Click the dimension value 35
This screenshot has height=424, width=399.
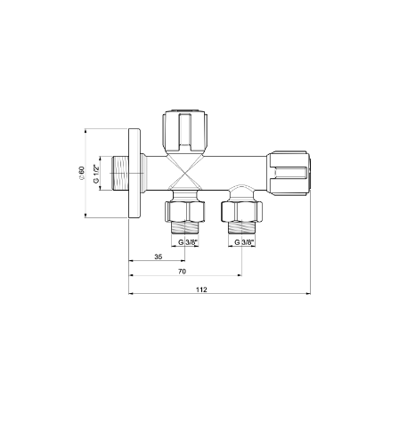click(x=159, y=257)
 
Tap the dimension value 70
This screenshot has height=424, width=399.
click(x=182, y=272)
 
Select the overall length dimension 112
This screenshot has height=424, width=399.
click(x=201, y=289)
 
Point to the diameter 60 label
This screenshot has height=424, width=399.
click(x=81, y=173)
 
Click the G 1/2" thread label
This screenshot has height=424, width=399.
click(x=96, y=174)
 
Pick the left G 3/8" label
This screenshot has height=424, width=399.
click(x=188, y=242)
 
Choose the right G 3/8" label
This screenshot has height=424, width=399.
click(x=245, y=242)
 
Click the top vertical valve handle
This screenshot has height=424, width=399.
click(x=185, y=132)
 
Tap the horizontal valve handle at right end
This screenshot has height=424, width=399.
click(x=289, y=174)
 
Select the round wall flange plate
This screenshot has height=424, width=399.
click(x=134, y=174)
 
